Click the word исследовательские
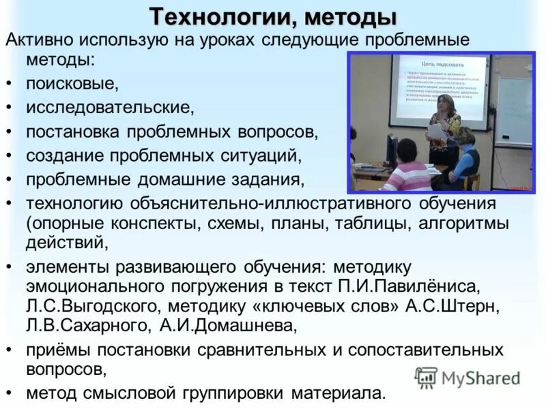(x=110, y=107)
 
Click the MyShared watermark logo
(x=468, y=378)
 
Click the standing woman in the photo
(x=444, y=133)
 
